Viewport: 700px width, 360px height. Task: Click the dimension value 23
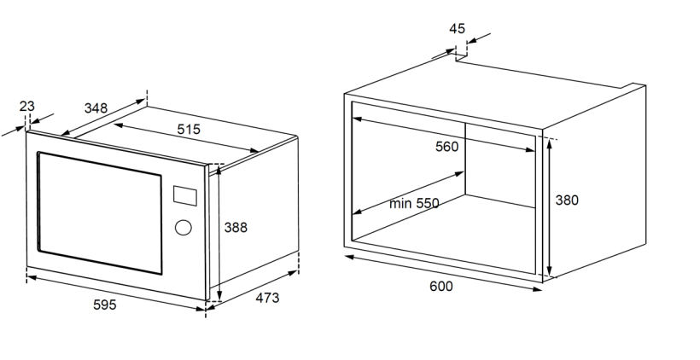(26, 106)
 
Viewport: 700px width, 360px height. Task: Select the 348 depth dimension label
(96, 108)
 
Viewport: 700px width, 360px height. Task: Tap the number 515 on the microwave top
(189, 130)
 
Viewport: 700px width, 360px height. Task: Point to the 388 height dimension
(236, 228)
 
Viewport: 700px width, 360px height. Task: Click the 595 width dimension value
(105, 305)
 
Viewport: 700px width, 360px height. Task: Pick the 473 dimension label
(266, 298)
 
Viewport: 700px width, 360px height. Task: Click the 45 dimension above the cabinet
(458, 28)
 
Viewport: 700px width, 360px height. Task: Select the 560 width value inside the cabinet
(446, 146)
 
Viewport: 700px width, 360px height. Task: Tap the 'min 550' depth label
(414, 203)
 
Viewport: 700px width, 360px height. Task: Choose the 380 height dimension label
(567, 200)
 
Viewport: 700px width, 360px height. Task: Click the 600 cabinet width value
(440, 287)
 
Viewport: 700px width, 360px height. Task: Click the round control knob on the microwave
(182, 228)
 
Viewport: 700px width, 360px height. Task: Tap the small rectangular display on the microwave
(184, 195)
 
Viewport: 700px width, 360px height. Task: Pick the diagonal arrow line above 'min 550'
(410, 192)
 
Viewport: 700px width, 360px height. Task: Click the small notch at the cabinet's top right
(635, 85)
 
